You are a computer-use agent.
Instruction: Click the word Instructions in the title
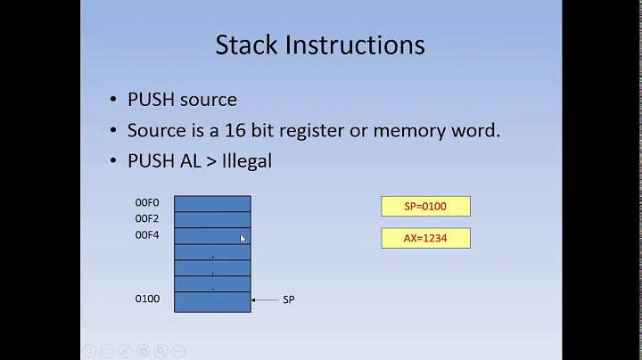click(358, 45)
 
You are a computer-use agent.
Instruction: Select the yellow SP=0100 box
click(425, 207)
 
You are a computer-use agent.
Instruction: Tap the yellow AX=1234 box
click(425, 238)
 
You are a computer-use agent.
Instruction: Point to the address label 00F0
click(147, 203)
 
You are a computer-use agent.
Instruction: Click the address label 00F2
click(147, 218)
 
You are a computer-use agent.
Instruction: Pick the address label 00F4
click(147, 235)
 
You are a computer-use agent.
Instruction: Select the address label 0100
click(147, 299)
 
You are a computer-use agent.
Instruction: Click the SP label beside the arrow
click(288, 300)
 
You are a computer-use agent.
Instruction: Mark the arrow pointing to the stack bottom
click(265, 300)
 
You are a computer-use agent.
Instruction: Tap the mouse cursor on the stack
click(243, 238)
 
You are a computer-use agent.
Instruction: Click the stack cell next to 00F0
click(212, 203)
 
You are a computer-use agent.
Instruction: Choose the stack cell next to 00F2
click(212, 219)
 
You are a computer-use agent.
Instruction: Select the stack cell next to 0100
click(212, 302)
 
